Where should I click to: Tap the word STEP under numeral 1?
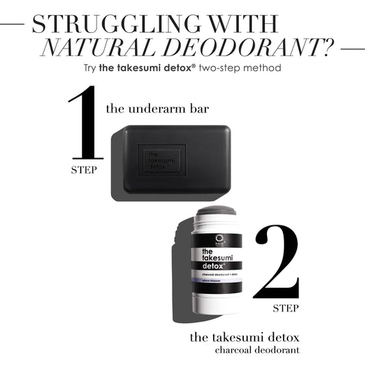tap(84, 168)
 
